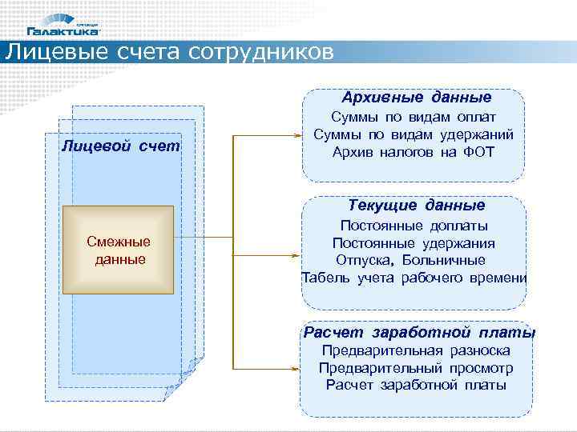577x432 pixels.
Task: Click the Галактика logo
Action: pos(64,26)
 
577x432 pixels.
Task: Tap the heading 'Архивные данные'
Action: pos(416,98)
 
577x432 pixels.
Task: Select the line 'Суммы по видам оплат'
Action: pos(415,117)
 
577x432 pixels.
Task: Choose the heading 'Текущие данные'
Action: pos(416,206)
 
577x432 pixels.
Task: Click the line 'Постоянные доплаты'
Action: pos(414,226)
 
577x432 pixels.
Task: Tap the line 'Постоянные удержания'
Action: pos(414,243)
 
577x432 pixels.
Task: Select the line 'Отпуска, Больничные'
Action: pos(411,260)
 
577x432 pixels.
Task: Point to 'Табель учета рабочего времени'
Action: pos(414,278)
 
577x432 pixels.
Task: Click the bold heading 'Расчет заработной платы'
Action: pos(419,333)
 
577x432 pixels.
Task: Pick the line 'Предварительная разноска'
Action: pos(415,350)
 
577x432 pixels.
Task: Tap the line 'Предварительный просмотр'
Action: pos(415,368)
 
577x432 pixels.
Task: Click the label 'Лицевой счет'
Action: pos(121,146)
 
